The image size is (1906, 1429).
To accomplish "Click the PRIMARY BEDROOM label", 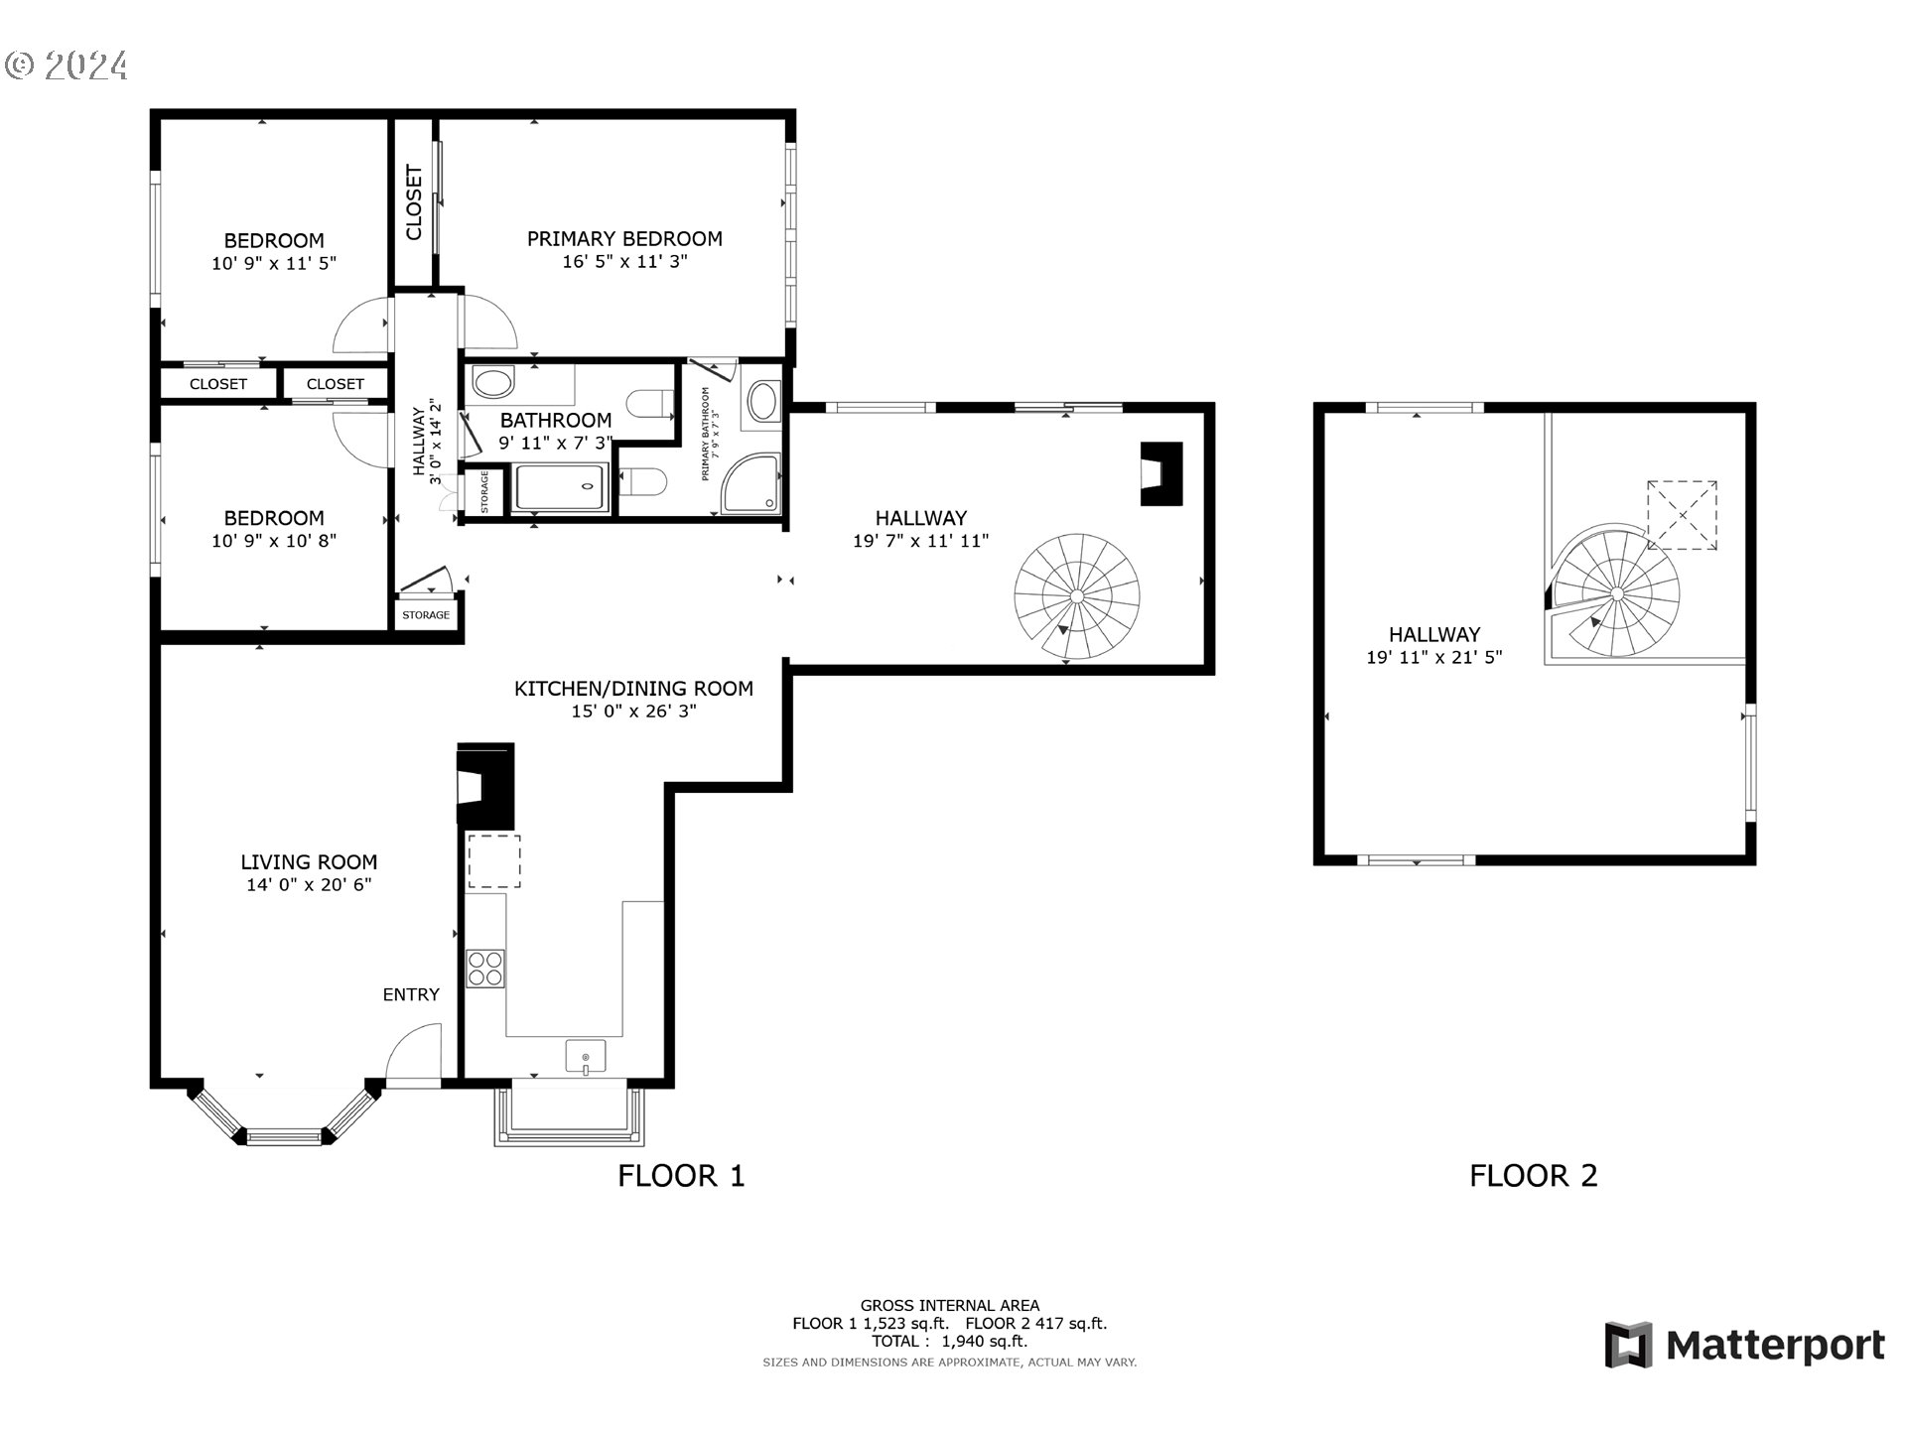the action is tap(624, 239).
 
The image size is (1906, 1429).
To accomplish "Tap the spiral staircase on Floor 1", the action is tap(1077, 596).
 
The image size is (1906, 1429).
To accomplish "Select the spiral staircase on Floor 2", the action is tap(1616, 593).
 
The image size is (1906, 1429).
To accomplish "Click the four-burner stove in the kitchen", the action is tap(485, 969).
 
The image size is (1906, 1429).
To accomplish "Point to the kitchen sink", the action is tap(586, 1057).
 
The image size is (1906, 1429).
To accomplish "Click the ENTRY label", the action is tap(411, 994).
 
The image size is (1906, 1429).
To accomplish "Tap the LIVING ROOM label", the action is tap(309, 862).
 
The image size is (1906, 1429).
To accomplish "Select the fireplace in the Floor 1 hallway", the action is tap(1160, 473).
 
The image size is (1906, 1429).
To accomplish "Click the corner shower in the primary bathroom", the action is tap(750, 484).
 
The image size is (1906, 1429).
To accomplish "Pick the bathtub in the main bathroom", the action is tap(561, 487).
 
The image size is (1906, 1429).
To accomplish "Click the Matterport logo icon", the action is tap(1628, 1345).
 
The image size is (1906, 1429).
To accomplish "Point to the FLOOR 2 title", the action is tap(1534, 1176).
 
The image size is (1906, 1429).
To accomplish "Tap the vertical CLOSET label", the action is tap(414, 202).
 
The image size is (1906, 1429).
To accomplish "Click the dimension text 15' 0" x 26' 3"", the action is tap(633, 712).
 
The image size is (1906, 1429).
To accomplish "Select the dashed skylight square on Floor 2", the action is tap(1683, 515).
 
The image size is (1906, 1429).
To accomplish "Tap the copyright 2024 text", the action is tap(67, 65).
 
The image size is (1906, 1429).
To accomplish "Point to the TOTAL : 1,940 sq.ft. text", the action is tap(949, 1341).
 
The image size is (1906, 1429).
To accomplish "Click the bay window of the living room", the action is tap(284, 1118).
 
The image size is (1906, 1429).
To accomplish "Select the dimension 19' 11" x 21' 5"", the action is tap(1434, 657).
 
